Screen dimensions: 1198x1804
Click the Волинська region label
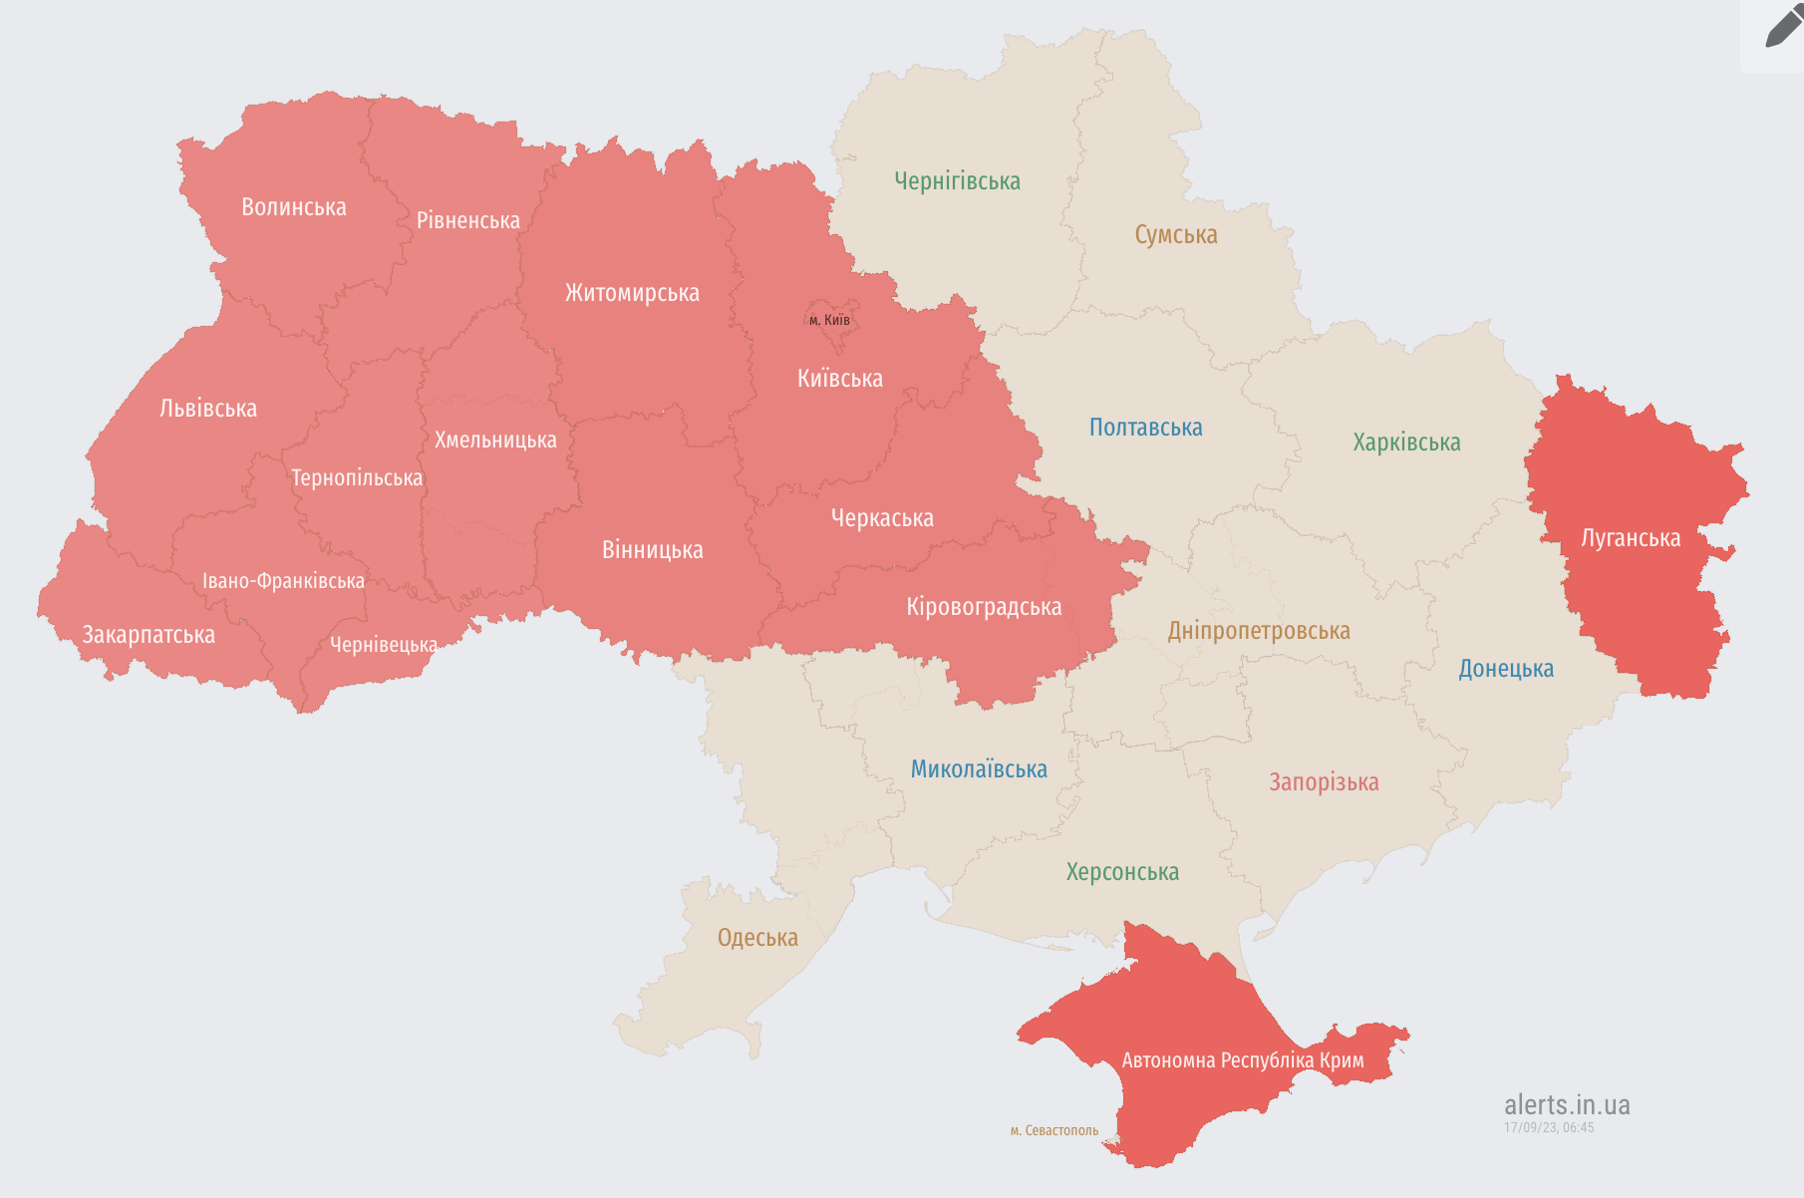(294, 207)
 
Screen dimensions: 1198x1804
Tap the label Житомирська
(632, 293)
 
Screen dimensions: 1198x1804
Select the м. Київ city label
(829, 320)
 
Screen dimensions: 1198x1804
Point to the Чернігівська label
(957, 181)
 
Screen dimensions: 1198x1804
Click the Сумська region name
(1176, 235)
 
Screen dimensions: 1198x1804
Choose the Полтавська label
(1145, 428)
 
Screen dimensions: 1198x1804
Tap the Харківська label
(1406, 443)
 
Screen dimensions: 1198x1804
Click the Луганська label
(1631, 538)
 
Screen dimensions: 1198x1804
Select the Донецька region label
(1506, 669)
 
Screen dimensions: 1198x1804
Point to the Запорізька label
(1324, 782)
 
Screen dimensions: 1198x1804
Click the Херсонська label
(1122, 872)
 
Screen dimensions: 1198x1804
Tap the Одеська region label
(757, 938)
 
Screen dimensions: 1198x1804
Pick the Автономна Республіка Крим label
(1243, 1060)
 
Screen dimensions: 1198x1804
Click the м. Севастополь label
(1054, 1130)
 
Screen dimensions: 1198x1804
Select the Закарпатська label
(149, 635)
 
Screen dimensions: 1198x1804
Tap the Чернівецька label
(384, 645)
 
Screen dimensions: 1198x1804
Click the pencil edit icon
(1782, 28)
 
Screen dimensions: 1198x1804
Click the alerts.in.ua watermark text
(1567, 1104)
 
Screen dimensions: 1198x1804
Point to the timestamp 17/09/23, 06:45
(1549, 1128)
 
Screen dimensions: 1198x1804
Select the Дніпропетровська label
(1259, 631)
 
